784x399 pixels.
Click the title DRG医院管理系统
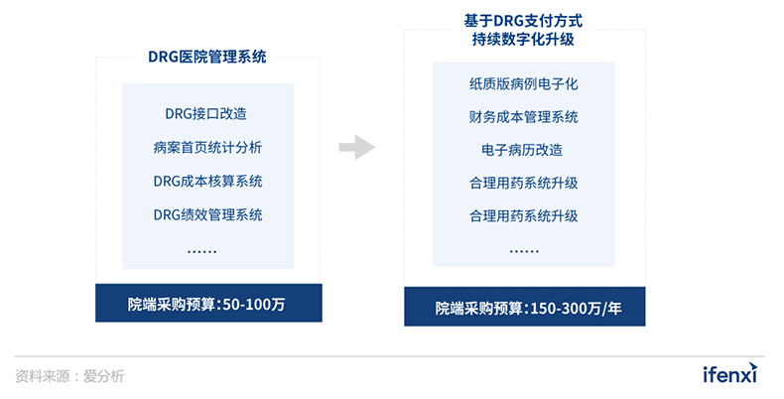coord(207,57)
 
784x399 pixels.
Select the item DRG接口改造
coord(206,114)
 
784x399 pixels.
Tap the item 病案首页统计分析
coord(207,148)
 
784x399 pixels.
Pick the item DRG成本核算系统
coord(207,181)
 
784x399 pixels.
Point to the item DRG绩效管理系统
coord(207,215)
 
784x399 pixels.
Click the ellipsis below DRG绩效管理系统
coord(202,251)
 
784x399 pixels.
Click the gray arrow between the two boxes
coord(357,147)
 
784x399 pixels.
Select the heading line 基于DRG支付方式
coord(523,21)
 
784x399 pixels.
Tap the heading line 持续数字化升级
coord(523,39)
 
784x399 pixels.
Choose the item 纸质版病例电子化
coord(524,84)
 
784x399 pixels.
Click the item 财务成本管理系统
coord(524,117)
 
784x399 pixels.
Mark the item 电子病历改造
coord(522,150)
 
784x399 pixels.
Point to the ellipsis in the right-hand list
coord(524,250)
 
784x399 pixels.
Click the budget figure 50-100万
coord(254,304)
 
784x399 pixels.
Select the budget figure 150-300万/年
coord(576,308)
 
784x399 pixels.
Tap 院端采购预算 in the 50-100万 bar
coord(171,304)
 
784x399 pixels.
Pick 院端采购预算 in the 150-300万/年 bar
coord(478,308)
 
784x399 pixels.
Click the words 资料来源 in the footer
coord(43,376)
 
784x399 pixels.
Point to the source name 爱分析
coord(103,376)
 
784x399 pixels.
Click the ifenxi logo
coord(730,373)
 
